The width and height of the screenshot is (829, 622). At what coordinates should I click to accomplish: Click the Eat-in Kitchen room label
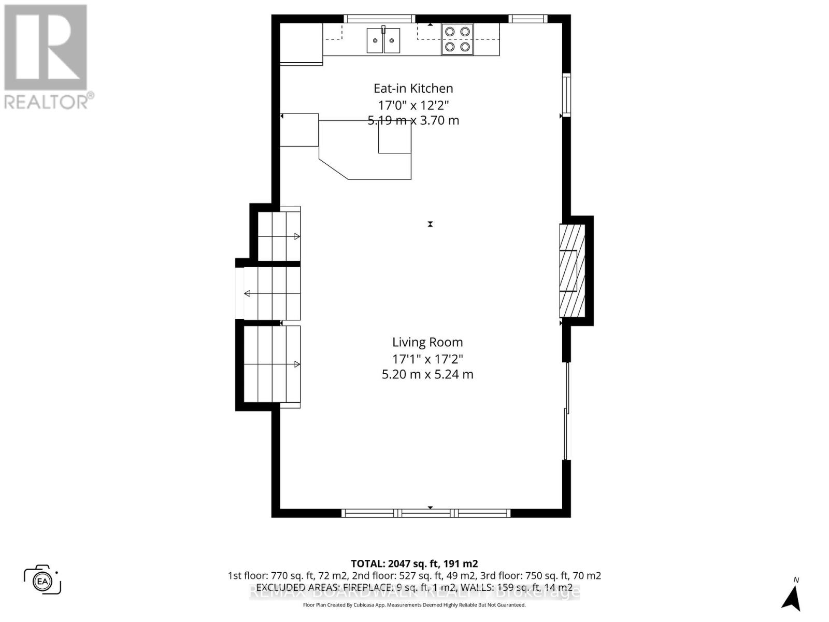pos(413,88)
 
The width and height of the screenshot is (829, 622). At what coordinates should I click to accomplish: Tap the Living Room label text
pos(427,342)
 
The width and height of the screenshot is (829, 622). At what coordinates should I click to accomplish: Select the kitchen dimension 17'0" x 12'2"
pos(413,105)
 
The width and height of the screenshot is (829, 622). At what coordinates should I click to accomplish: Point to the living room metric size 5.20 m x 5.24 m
pos(427,374)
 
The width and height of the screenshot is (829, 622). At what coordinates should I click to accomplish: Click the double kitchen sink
pos(383,40)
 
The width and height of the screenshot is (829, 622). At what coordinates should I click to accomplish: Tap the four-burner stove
pos(457,39)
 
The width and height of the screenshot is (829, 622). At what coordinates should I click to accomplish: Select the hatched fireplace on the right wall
pos(571,271)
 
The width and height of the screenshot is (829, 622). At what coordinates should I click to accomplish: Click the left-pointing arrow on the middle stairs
pos(247,293)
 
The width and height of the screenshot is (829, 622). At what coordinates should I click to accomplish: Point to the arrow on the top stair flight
pos(297,236)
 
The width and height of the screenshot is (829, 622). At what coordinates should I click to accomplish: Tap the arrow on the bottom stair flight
pos(297,364)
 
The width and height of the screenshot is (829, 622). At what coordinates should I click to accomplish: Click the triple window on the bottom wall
pos(426,513)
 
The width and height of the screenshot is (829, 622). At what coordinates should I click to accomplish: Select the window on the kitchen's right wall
pos(567,95)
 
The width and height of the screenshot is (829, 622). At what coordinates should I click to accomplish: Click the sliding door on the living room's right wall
pos(567,411)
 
